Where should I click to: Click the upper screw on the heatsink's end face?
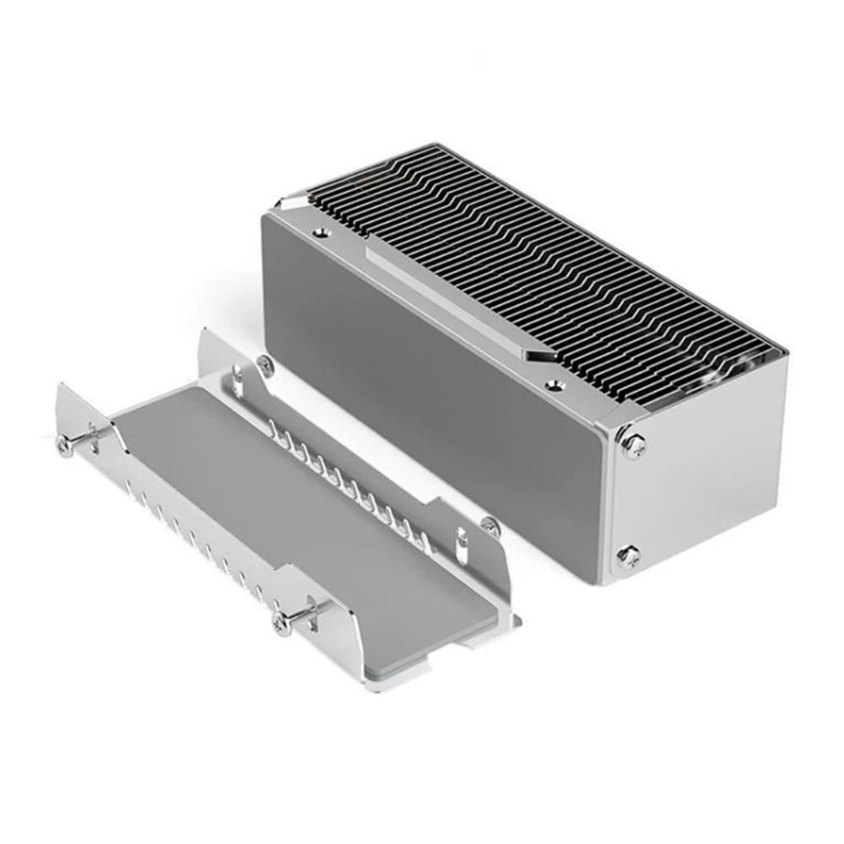[x=632, y=444]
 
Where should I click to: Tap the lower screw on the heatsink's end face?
[x=628, y=555]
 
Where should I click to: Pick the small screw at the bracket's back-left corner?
[x=264, y=365]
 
